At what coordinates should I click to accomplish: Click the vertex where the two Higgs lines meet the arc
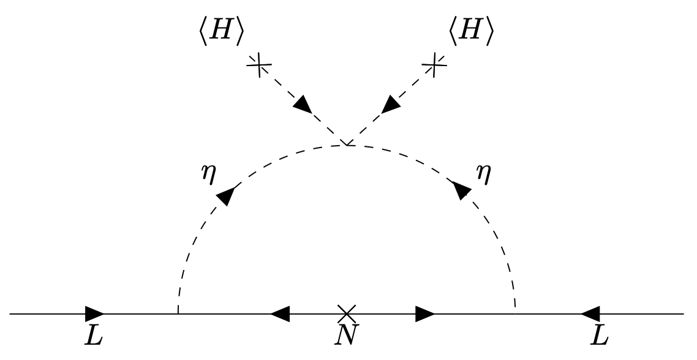(347, 144)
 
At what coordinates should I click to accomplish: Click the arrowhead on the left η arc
(226, 195)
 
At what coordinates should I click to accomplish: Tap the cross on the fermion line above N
(346, 313)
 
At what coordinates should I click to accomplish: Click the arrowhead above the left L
(94, 313)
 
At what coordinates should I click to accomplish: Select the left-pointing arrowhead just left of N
(280, 313)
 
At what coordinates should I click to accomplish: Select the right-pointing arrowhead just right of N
(424, 313)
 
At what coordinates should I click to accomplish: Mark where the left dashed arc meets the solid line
(178, 313)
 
